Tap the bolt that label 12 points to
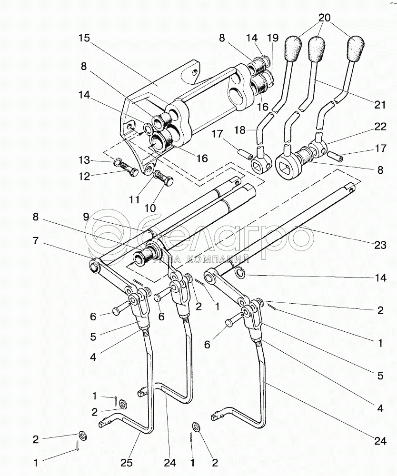pos(129,169)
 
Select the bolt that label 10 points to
pos(165,180)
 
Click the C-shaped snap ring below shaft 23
pos(240,272)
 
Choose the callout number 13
pos(84,159)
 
